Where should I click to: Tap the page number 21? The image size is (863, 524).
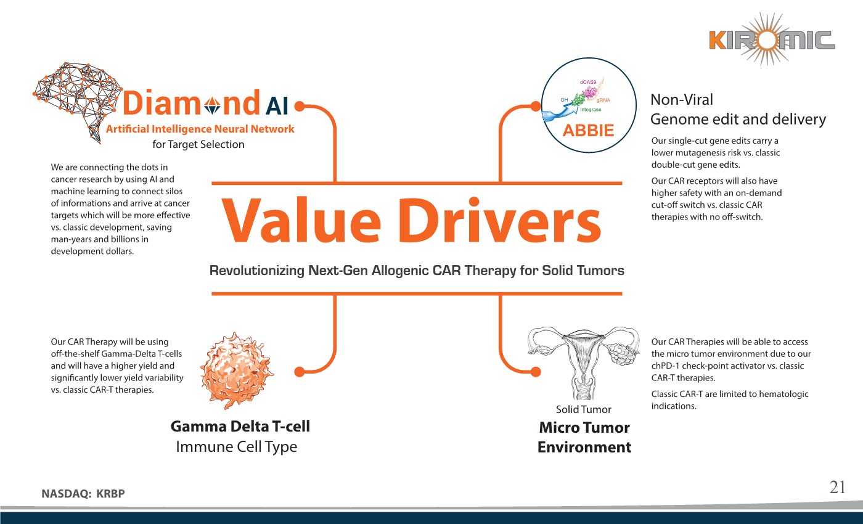tap(837, 487)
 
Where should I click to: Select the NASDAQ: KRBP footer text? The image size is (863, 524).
tap(87, 493)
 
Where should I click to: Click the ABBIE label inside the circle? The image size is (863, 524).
tap(589, 131)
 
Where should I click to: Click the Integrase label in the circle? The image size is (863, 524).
tap(591, 110)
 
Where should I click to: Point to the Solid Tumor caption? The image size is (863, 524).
tap(583, 409)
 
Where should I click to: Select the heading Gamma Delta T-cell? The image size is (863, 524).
tap(240, 426)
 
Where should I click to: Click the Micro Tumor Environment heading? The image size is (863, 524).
tap(584, 437)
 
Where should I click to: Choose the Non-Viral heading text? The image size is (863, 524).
tap(682, 99)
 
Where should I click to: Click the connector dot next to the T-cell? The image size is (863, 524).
tap(300, 372)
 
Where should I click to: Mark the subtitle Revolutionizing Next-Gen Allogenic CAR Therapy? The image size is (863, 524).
tap(417, 270)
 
